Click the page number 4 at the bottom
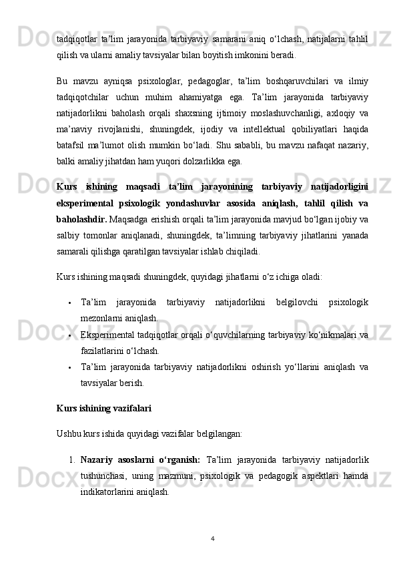coord(211,538)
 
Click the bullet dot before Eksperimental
coord(70,335)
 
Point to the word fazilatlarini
coord(105,351)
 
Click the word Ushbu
coord(69,433)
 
